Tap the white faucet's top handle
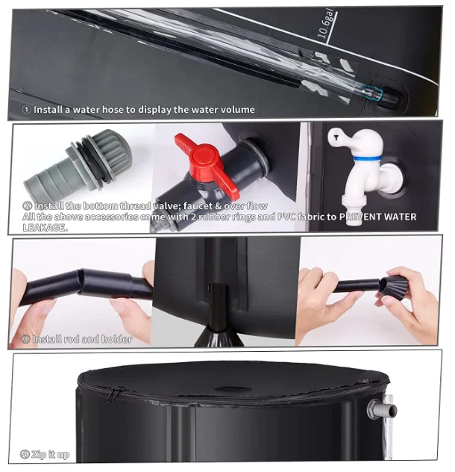pyautogui.click(x=348, y=137)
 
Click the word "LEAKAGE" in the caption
pyautogui.click(x=45, y=227)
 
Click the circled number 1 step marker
pyautogui.click(x=27, y=109)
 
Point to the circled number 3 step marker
pyautogui.click(x=27, y=339)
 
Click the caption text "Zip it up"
pyautogui.click(x=51, y=454)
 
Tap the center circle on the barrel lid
pyautogui.click(x=233, y=389)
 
